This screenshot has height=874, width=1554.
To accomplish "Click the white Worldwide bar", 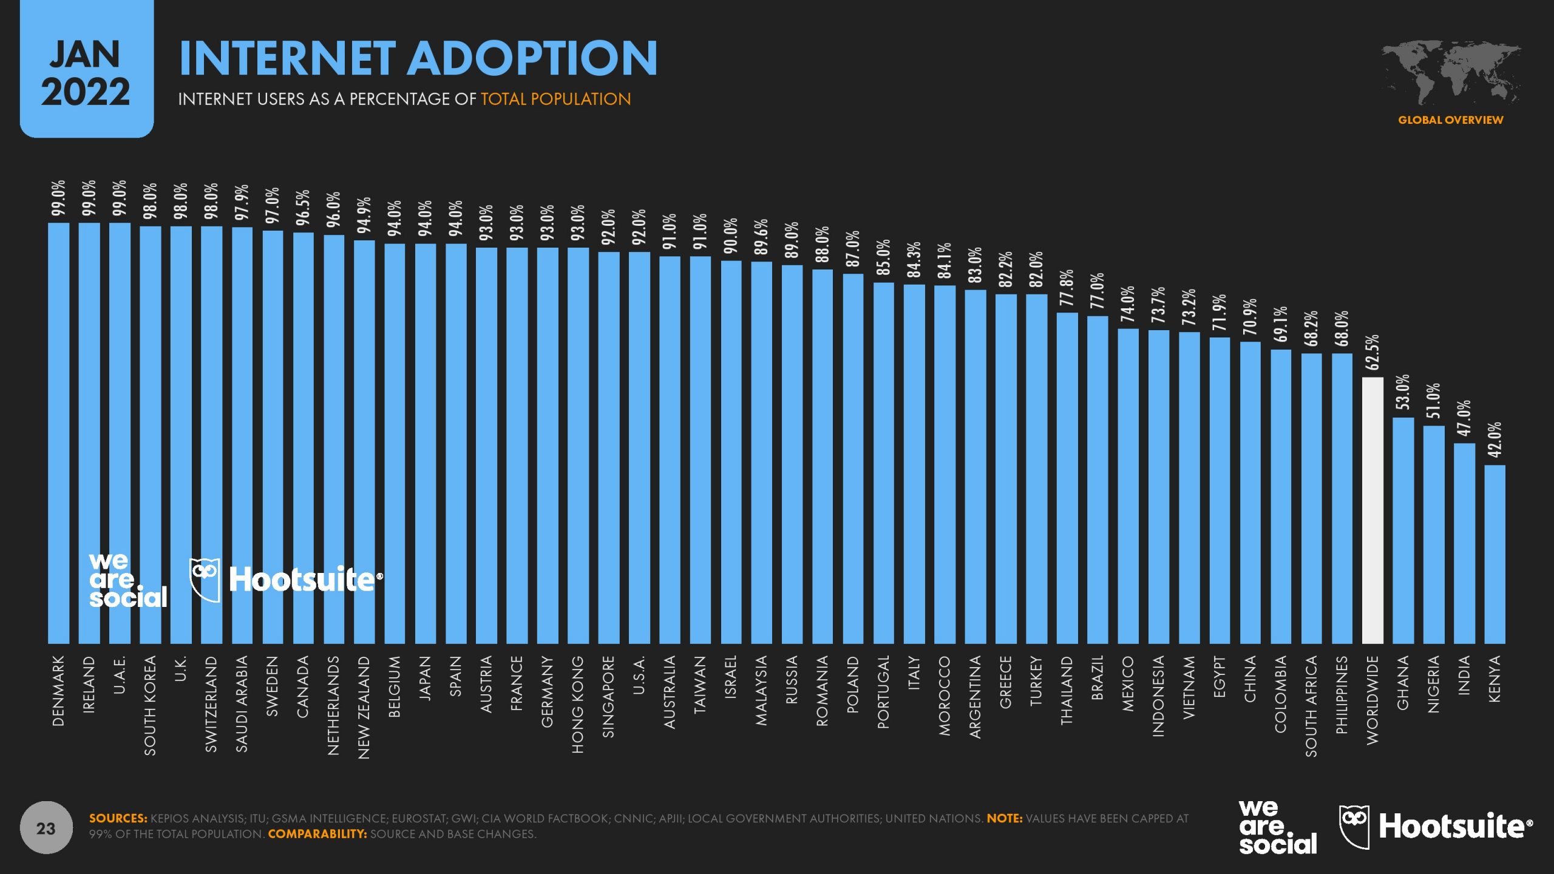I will tap(1372, 510).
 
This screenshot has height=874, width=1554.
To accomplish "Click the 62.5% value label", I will tap(1372, 352).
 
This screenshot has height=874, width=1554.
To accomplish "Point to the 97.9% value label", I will tap(242, 203).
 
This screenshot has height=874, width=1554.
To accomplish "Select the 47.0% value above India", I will tap(1464, 418).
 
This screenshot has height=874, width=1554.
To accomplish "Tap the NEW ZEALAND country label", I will tap(364, 707).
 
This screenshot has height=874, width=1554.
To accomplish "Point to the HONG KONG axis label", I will tap(577, 704).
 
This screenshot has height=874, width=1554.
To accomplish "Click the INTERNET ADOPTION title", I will tap(418, 58).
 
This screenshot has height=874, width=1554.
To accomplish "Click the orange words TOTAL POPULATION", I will tap(555, 99).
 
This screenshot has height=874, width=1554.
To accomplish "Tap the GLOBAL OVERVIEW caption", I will tap(1450, 120).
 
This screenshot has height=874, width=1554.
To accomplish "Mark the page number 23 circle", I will tap(46, 828).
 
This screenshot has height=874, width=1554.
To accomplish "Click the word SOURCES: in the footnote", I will tap(118, 818).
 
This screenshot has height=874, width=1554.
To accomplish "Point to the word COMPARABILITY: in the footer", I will tap(317, 834).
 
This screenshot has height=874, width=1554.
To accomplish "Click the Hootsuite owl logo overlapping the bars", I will tap(205, 579).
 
